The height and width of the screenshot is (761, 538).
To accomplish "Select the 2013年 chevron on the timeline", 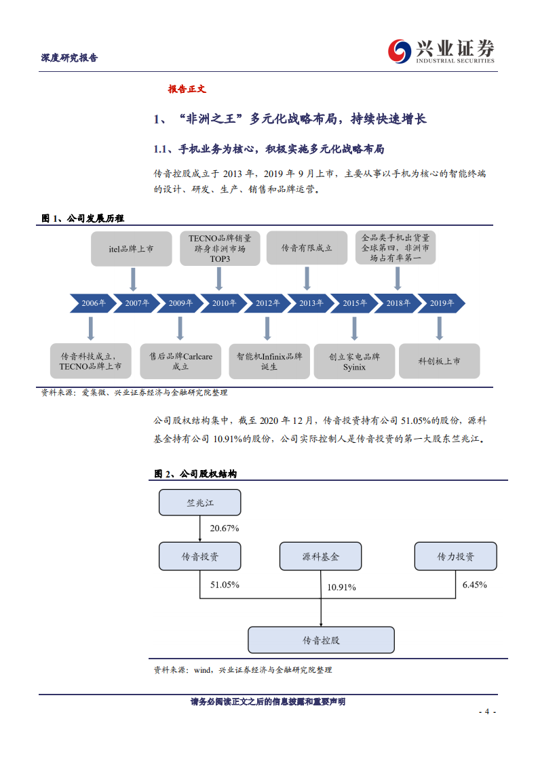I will click(x=311, y=303).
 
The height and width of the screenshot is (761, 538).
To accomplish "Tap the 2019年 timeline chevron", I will click(x=442, y=303).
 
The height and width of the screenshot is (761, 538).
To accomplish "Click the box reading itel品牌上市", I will click(x=132, y=249).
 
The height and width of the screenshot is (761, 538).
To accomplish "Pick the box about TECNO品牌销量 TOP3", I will click(x=219, y=248).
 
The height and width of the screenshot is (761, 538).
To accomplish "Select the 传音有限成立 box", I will click(x=307, y=249).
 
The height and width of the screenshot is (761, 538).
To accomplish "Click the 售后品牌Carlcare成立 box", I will click(x=180, y=361).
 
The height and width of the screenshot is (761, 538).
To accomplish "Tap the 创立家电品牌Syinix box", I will click(x=354, y=361).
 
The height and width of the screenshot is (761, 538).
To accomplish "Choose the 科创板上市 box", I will click(x=439, y=361).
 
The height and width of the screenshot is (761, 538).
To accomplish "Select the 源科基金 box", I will click(x=320, y=557).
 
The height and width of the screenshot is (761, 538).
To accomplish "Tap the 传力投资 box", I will click(x=455, y=557).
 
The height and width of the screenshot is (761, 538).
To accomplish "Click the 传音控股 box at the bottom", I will click(x=321, y=640).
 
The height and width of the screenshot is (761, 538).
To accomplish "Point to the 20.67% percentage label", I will click(x=224, y=528).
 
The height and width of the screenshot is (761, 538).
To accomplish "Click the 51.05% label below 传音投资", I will click(x=224, y=584).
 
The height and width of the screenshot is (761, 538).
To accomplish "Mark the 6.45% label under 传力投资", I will click(x=474, y=584).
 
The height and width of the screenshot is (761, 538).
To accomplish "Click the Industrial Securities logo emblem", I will click(x=400, y=50).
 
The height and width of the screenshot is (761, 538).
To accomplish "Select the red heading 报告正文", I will click(x=187, y=89).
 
